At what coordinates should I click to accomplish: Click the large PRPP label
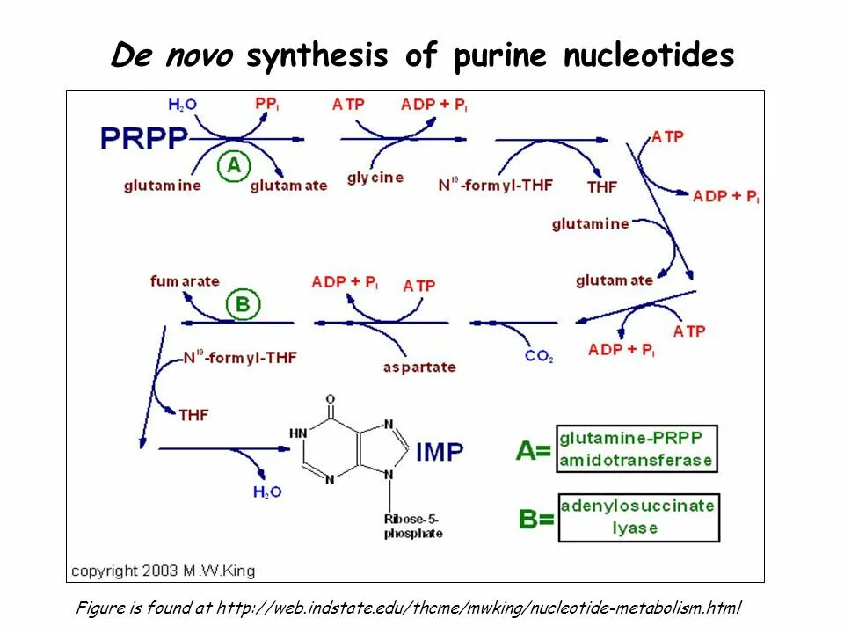[x=144, y=138]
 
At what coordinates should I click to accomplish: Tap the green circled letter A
[x=233, y=165]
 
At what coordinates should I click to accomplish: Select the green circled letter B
[x=243, y=305]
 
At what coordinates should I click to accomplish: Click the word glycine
[x=375, y=178]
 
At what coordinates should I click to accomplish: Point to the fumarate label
[x=185, y=281]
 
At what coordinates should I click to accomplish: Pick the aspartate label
[x=419, y=367]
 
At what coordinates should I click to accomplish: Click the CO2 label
[x=538, y=356]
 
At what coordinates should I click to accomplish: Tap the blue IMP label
[x=439, y=452]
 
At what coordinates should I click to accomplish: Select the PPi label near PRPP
[x=267, y=104]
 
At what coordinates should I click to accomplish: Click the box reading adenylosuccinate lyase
[x=638, y=517]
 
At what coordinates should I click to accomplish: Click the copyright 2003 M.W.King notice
[x=163, y=571]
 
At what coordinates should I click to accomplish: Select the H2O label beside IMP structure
[x=267, y=492]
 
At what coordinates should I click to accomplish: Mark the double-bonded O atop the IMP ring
[x=331, y=400]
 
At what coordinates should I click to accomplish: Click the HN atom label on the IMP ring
[x=298, y=433]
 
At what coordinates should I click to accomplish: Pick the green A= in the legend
[x=534, y=451]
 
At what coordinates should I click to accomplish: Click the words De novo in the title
[x=172, y=56]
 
